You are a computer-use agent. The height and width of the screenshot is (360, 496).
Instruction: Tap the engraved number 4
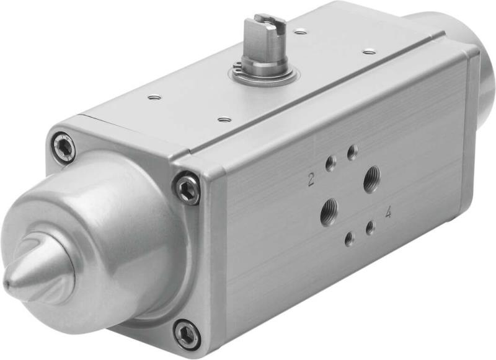pos(388,213)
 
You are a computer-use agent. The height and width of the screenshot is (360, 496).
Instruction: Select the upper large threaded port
pos(372,180)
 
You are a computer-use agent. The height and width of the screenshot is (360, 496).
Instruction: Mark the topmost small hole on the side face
pos(353,152)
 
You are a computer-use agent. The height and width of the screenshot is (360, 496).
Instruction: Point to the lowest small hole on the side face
pos(350,239)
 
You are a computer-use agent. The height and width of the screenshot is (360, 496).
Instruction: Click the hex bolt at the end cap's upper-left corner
pos(63,147)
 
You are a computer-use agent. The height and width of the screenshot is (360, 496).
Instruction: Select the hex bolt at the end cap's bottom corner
pos(187,335)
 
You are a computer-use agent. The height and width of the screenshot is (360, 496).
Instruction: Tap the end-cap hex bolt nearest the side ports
pos(187,188)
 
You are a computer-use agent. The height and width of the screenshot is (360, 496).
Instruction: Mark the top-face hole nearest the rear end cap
pos(369,51)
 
